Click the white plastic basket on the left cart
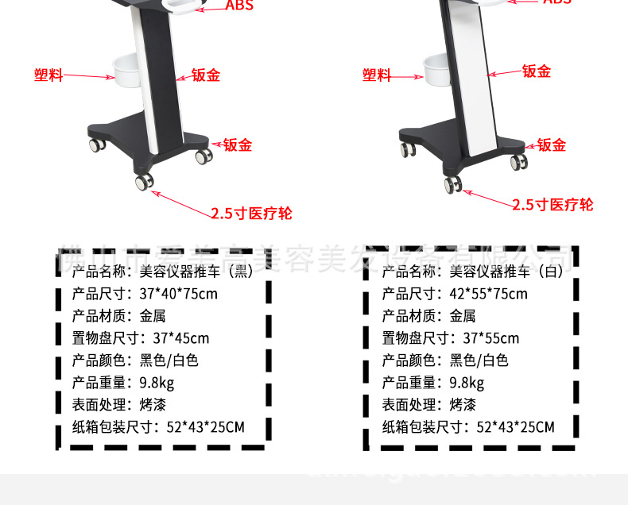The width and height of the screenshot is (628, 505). [126, 71]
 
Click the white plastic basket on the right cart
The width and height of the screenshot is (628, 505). [436, 70]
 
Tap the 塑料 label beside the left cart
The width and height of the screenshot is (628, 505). [48, 75]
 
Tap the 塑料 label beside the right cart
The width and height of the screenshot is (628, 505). [377, 75]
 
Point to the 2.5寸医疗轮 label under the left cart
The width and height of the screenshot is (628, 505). [251, 214]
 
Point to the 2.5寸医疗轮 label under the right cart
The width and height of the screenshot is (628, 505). [552, 205]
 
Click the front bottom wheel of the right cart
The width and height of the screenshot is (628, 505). [453, 184]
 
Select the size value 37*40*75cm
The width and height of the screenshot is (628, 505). [178, 294]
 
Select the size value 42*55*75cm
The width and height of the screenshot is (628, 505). [488, 294]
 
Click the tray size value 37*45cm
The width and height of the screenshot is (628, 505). [180, 338]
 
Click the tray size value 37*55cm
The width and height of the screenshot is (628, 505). [490, 338]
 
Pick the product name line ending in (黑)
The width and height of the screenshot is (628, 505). [162, 272]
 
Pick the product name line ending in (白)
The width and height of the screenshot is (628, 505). [472, 272]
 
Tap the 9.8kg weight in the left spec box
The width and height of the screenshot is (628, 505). [157, 383]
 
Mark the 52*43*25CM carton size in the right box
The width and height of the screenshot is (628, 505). [515, 427]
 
